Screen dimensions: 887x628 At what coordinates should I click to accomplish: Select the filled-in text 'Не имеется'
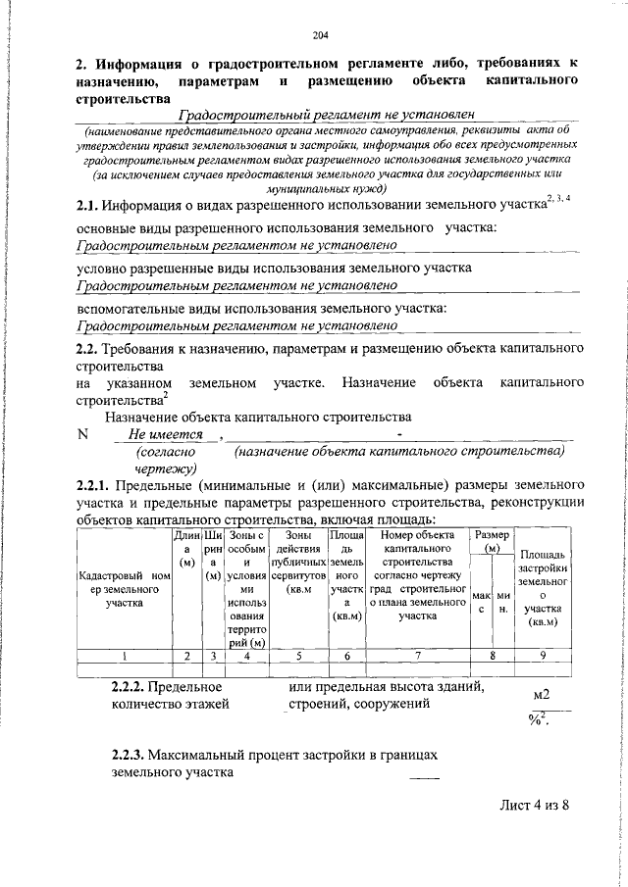click(165, 434)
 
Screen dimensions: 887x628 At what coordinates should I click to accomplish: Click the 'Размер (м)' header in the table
click(492, 542)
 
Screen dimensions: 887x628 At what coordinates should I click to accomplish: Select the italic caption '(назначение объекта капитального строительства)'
click(399, 451)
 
